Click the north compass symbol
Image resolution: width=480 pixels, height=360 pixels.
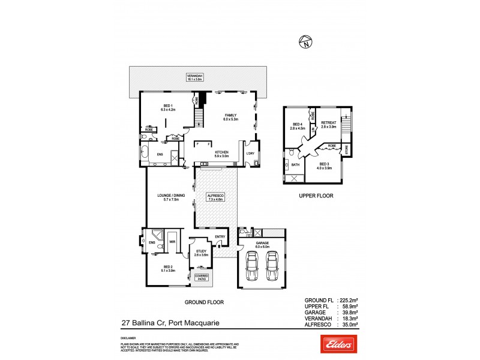pos(306,42)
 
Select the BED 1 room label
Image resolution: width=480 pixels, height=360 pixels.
pos(167,107)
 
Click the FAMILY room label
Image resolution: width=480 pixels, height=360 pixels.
pos(231,116)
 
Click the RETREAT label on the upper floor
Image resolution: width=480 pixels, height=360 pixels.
pos(329,124)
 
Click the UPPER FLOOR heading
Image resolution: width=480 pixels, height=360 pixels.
pos(316,196)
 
